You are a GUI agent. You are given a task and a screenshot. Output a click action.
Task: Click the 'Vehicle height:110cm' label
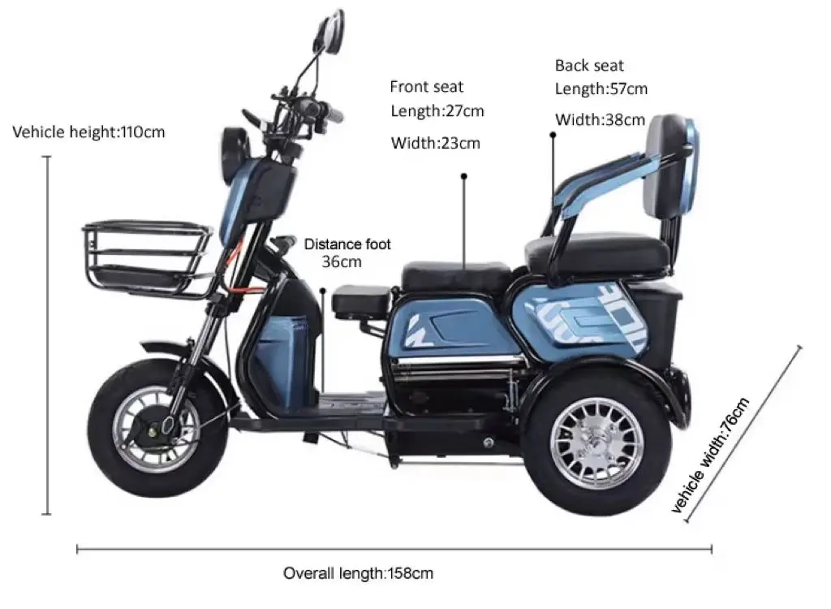(x=88, y=132)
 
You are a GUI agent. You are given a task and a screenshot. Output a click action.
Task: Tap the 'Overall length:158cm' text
(x=358, y=573)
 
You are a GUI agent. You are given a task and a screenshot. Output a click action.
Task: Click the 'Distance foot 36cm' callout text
(x=347, y=253)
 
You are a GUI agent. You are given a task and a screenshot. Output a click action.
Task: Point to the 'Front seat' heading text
(x=426, y=86)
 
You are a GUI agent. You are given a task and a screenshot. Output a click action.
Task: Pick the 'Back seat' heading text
(x=589, y=65)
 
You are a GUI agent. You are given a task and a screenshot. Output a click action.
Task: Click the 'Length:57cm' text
(x=601, y=89)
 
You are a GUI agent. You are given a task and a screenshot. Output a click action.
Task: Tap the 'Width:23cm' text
(x=436, y=144)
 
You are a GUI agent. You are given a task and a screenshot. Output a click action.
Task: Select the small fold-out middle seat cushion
(x=360, y=300)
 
